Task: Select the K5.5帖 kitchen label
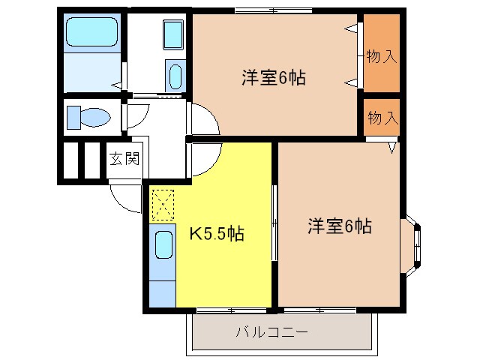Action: pos(215,234)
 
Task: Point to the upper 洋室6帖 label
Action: pos(273,77)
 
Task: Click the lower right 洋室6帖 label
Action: pos(339,225)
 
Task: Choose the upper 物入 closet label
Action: pos(381,57)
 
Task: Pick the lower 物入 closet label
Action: pos(381,117)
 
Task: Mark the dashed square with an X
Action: pos(162,203)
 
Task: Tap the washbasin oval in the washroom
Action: pos(175,76)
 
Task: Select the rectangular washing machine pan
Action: pos(172,34)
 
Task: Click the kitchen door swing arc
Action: pos(204,159)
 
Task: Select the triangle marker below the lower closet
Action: pos(392,148)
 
